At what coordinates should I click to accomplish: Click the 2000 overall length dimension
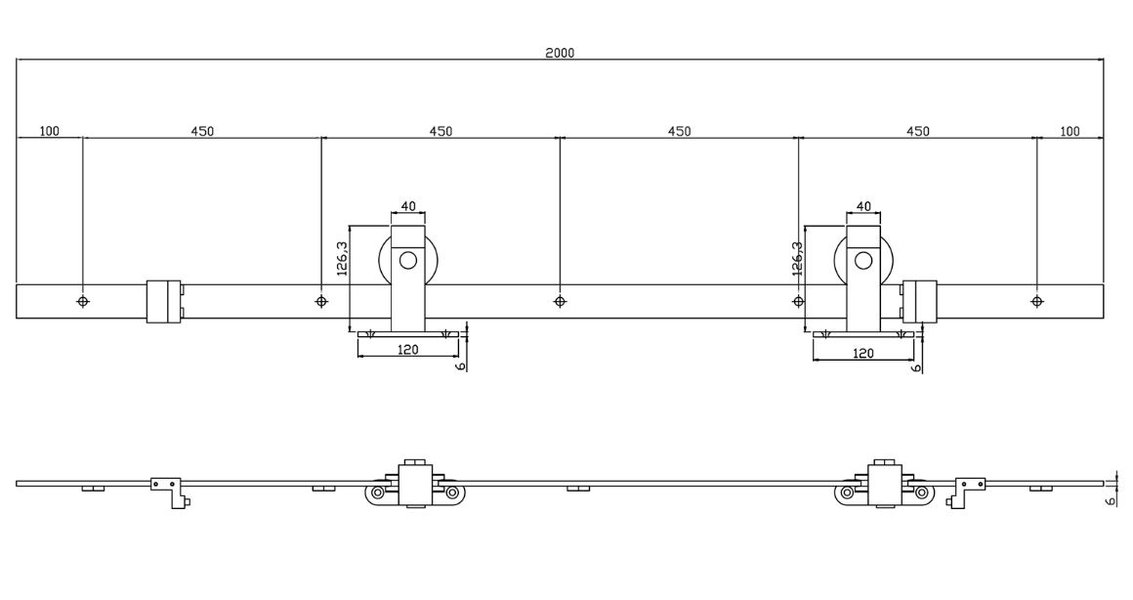coord(560,53)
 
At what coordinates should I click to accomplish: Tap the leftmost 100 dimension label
coord(49,130)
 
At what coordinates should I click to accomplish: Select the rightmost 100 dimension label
coord(1070,131)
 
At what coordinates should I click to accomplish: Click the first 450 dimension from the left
coord(202,130)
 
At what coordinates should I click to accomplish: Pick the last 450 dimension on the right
coord(918,130)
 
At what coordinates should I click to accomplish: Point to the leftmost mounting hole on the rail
coord(83,301)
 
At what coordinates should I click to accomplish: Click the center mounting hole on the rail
coord(559,301)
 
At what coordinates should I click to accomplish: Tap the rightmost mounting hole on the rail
coord(1036,301)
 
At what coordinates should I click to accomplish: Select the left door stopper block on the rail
coord(163,301)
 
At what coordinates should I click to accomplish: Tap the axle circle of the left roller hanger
coord(408,261)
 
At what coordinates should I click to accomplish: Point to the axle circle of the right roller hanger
coord(863,261)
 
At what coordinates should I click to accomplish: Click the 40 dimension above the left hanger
coord(408,206)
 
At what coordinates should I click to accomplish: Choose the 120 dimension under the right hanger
coord(863,354)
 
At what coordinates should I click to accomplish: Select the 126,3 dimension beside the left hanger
coord(342,259)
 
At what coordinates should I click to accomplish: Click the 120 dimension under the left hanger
coord(408,350)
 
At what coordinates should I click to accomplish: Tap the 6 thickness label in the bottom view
coord(1111,498)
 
